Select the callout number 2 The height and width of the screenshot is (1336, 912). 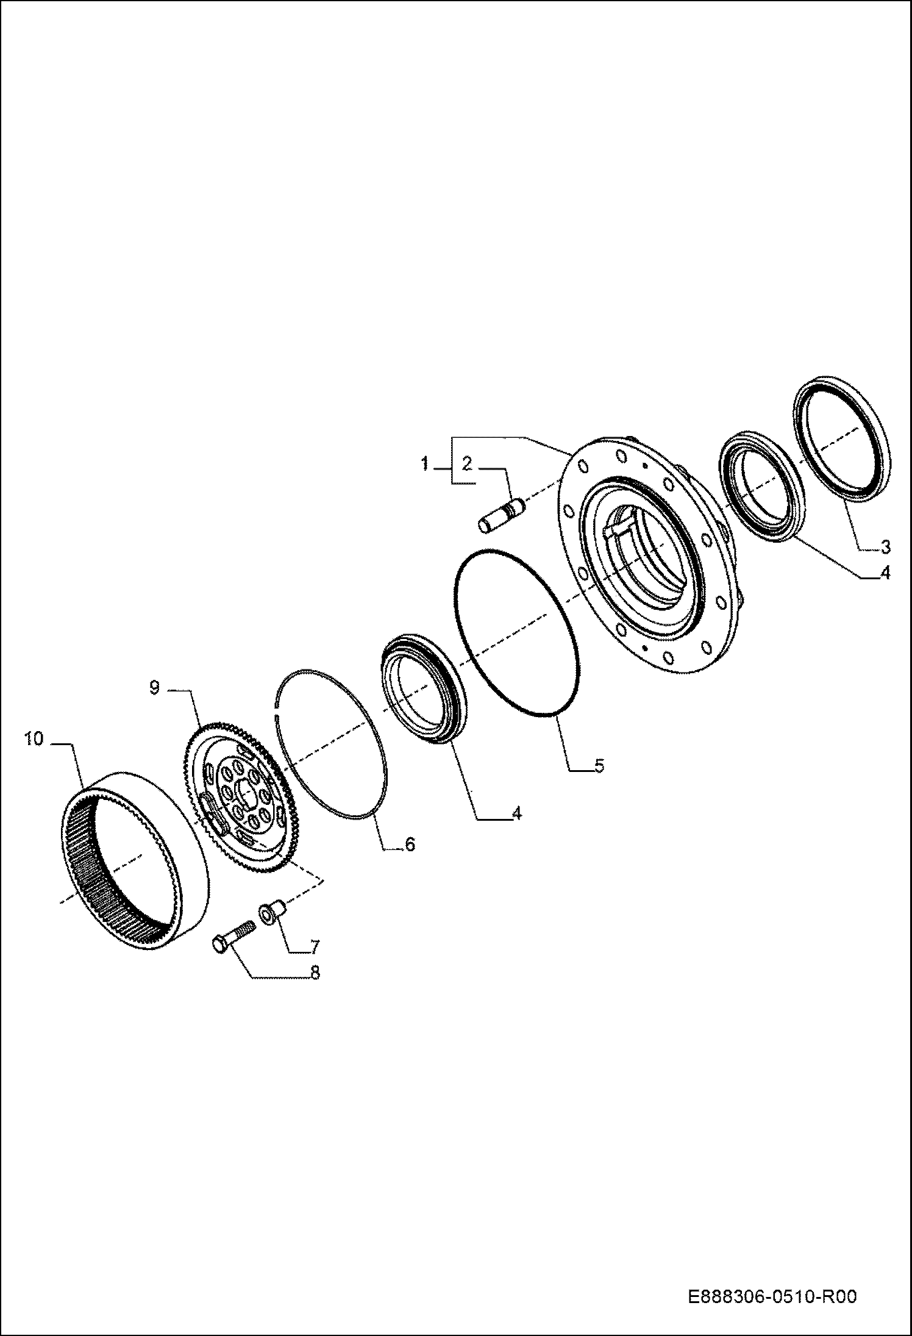coord(467,464)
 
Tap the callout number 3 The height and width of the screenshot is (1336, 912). coord(885,546)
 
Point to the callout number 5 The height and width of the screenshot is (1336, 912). coord(599,766)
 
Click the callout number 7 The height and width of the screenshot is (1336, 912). coord(314,947)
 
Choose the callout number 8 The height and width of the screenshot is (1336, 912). coord(315,973)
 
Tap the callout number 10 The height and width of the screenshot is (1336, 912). coord(34,739)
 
